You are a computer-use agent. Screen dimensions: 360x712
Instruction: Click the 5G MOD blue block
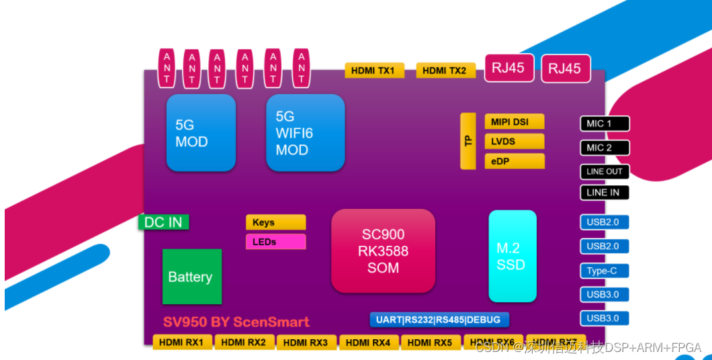pos(201,132)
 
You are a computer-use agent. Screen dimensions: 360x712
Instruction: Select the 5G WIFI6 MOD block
pos(305,132)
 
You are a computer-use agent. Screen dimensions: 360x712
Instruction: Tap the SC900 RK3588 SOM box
pos(383,251)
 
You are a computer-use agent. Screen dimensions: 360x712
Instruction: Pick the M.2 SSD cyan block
pos(512,256)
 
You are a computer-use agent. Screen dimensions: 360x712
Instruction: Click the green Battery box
pos(191,277)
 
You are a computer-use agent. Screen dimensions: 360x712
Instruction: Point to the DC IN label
pos(163,222)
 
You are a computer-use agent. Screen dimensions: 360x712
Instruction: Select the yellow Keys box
pos(275,222)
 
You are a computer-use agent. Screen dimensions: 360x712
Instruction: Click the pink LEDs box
pos(275,242)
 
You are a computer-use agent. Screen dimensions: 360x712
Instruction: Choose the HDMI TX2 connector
pos(445,71)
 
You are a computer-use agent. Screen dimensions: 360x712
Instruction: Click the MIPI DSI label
pos(514,122)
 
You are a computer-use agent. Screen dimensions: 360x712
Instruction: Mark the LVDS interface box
pos(514,141)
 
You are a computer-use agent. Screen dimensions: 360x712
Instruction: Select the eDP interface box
pos(514,161)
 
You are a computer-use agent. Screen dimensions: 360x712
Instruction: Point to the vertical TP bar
pos(468,141)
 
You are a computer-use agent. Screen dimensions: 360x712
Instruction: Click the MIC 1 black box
pos(605,124)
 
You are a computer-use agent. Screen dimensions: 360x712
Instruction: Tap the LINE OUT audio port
pos(605,171)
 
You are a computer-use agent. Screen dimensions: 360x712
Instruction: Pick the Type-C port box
pos(605,271)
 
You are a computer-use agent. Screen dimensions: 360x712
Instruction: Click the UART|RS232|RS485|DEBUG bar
pos(439,320)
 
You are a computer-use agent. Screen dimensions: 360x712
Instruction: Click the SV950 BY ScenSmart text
pos(236,322)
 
